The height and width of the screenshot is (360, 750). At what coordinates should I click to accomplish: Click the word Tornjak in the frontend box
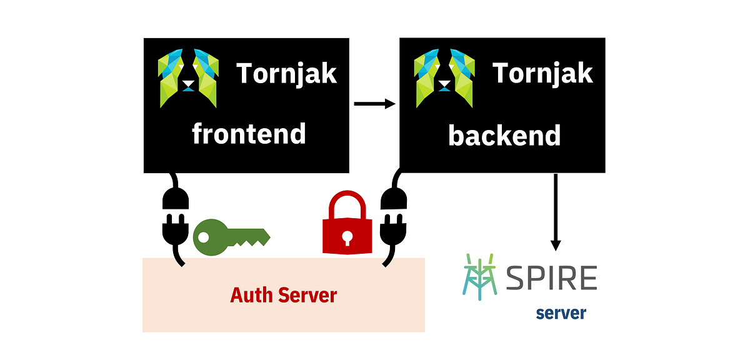pos(287,74)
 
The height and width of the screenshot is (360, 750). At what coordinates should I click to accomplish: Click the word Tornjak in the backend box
pos(542,74)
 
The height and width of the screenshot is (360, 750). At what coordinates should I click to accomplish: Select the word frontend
pos(249,134)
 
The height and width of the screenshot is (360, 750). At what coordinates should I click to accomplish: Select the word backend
pos(504,135)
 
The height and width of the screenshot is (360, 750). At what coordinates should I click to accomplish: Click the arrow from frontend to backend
pos(374,104)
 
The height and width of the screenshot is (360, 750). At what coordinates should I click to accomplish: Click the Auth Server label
pos(283,295)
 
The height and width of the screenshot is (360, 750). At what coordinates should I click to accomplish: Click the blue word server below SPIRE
pos(561,312)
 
